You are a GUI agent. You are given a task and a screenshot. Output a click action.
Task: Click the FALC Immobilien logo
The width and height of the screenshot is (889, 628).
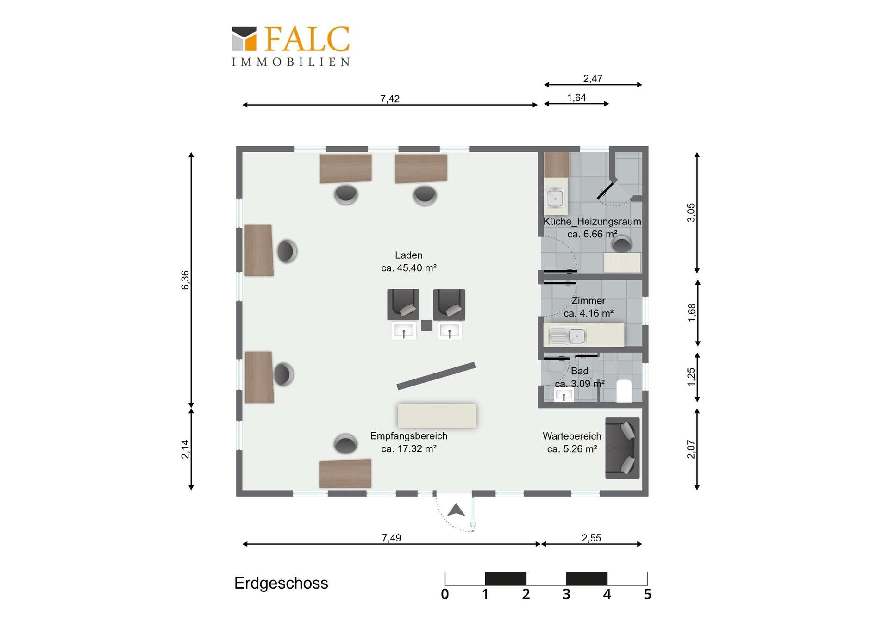click(x=291, y=46)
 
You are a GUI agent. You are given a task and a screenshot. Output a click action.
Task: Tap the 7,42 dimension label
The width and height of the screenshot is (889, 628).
click(x=390, y=99)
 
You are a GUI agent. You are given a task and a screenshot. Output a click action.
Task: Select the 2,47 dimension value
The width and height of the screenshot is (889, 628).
click(x=593, y=79)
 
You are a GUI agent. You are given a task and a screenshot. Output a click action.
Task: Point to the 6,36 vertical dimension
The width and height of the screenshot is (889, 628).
click(x=185, y=280)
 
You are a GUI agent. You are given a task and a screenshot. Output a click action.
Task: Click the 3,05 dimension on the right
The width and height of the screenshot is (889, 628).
click(x=691, y=212)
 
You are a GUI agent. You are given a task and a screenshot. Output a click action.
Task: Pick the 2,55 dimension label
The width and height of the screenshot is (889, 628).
click(x=591, y=538)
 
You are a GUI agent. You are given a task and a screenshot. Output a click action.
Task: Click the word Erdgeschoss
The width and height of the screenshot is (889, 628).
click(x=281, y=583)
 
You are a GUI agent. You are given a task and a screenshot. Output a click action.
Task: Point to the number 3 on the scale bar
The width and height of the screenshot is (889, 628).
click(x=566, y=594)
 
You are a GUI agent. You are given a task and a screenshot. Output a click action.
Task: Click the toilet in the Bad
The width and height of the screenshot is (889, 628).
click(x=624, y=391)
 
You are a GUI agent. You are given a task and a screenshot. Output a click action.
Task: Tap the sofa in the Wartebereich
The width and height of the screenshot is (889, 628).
click(x=622, y=448)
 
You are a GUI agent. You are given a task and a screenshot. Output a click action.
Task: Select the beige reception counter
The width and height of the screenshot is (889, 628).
click(x=437, y=416)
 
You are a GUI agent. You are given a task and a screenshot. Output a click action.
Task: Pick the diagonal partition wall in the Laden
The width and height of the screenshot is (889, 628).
click(x=436, y=376)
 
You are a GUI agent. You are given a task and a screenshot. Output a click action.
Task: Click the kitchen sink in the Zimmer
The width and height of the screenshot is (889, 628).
click(x=567, y=336)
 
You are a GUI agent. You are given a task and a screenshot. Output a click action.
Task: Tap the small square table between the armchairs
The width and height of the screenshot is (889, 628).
click(x=427, y=325)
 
